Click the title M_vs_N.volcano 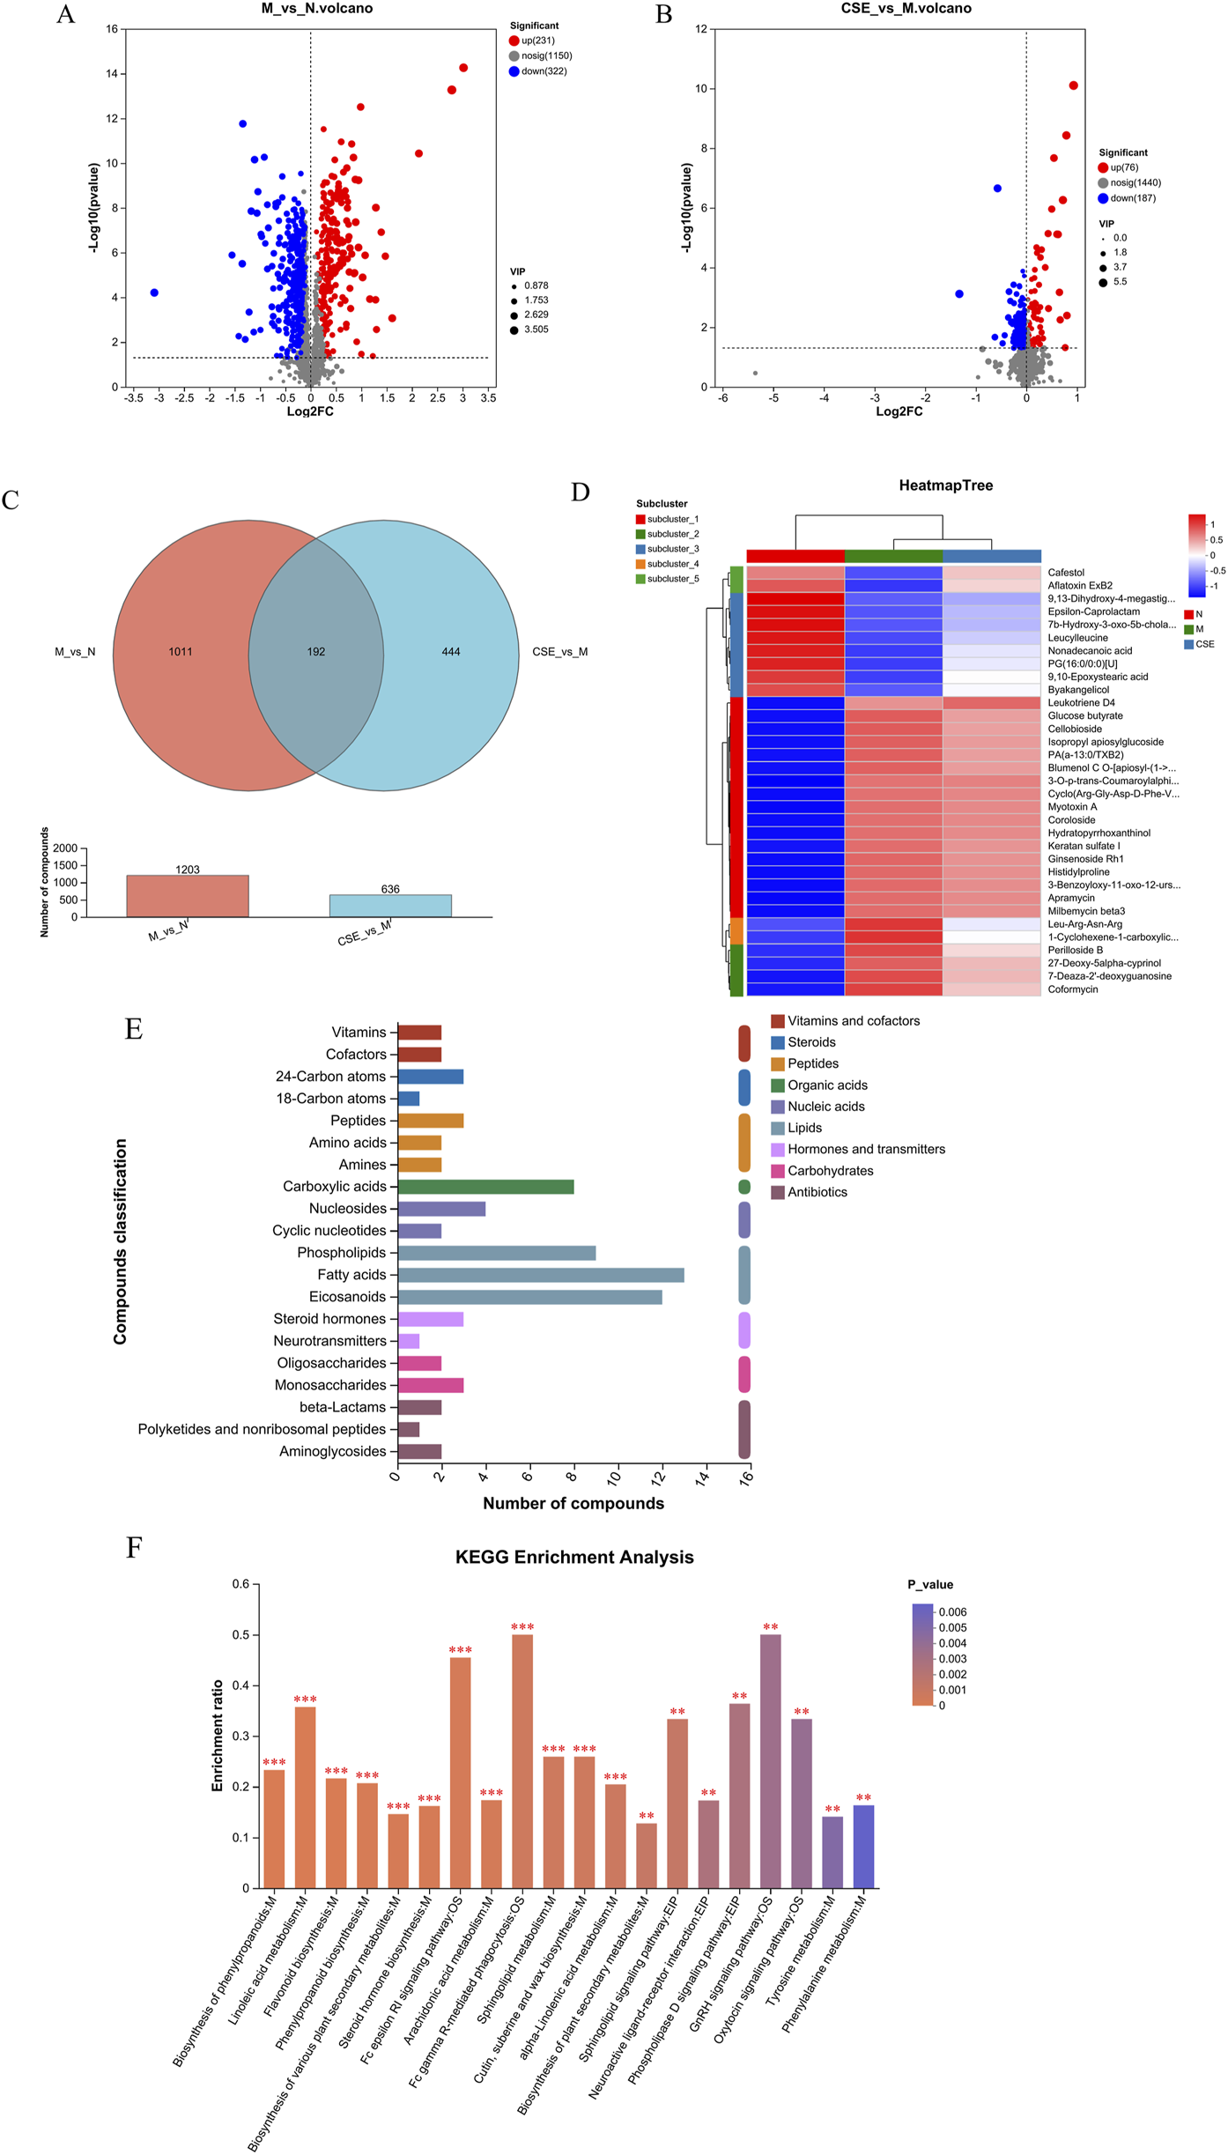316,9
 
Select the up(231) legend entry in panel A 537,41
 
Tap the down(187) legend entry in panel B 1132,198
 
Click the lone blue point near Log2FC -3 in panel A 154,293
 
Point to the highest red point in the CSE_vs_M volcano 1073,85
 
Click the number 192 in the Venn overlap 316,652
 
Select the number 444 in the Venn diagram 451,652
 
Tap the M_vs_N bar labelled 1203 188,896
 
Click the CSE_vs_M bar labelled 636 390,906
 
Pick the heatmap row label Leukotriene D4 1081,703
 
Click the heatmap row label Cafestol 1066,573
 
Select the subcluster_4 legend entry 672,564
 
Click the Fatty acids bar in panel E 541,1275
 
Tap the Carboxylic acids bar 485,1187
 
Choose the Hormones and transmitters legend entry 866,1149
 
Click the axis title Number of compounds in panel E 573,1504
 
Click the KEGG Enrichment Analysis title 574,1557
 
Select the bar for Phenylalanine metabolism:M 863,1847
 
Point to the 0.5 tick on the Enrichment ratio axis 240,1635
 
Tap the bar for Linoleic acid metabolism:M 305,1798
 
